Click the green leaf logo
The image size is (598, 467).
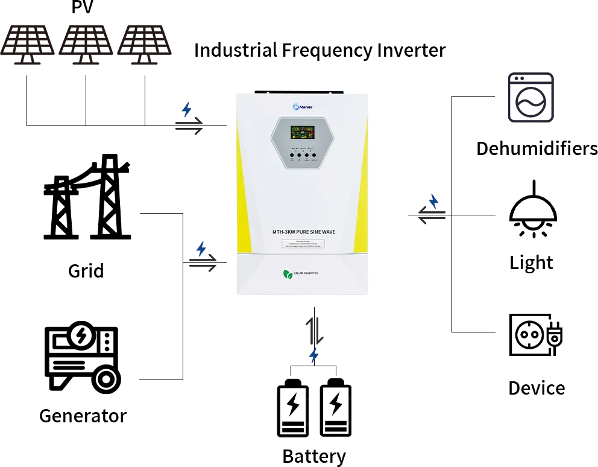[x=287, y=273]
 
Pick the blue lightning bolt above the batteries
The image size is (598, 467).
[x=313, y=355]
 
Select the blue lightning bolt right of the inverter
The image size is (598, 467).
[x=433, y=201]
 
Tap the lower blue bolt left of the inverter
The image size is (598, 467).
[x=201, y=249]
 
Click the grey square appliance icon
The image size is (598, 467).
[x=530, y=99]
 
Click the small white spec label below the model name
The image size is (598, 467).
[x=304, y=244]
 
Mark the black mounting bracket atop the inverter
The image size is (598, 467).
[x=300, y=91]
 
